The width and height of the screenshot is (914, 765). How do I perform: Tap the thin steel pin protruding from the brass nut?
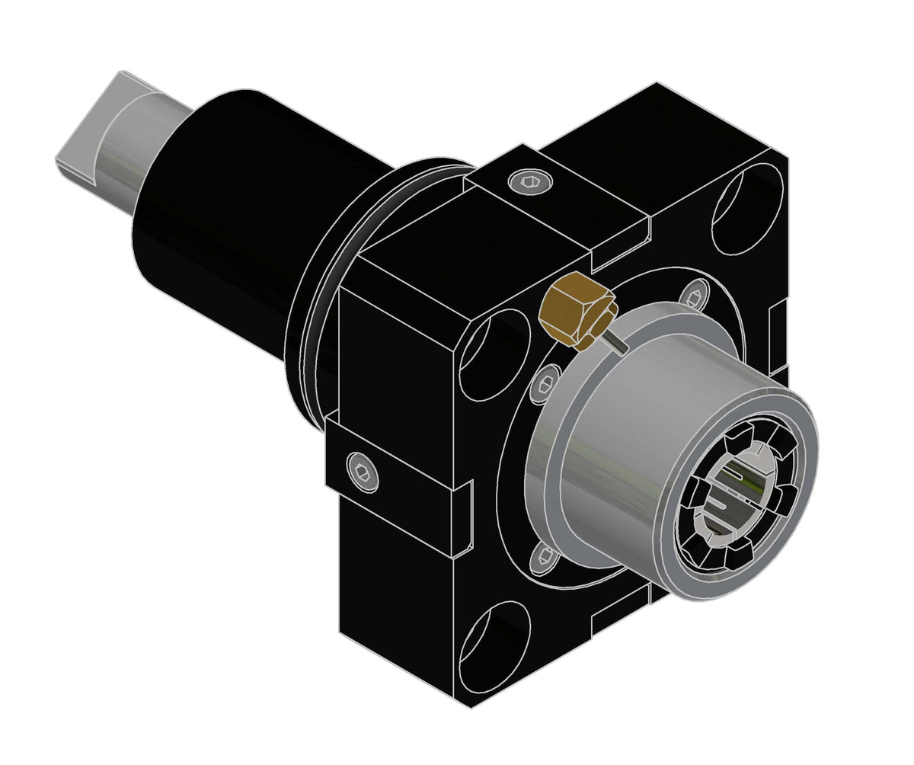[x=616, y=343]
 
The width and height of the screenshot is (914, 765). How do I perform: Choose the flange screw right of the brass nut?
[x=693, y=295]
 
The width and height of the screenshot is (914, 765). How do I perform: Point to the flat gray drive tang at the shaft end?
[x=84, y=137]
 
